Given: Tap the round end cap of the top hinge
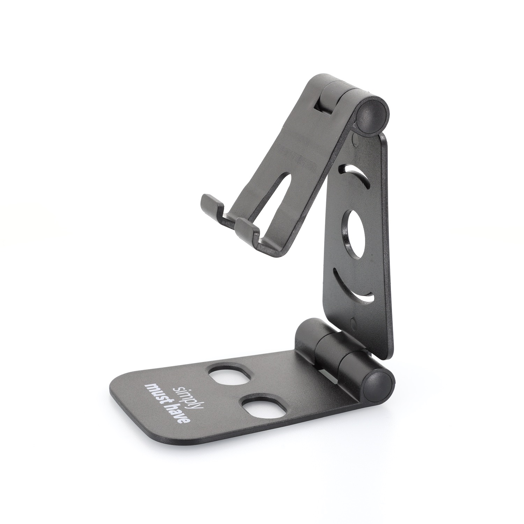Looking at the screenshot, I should point(372,116).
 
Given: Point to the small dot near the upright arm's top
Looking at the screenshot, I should point(355,141).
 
